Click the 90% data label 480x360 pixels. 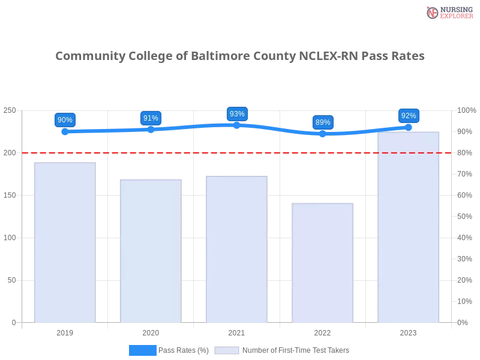pos(65,120)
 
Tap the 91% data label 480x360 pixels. pos(151,118)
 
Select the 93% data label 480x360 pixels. pos(237,114)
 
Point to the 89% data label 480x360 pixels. pos(323,122)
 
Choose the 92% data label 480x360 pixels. pos(409,116)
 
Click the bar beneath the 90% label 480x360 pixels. pos(65,242)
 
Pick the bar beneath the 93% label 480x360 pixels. pos(235,249)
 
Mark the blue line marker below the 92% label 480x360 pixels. pos(409,127)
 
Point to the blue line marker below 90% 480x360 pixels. pos(66,131)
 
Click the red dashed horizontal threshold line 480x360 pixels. pos(198,152)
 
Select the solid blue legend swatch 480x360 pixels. pos(142,350)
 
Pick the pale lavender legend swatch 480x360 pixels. pos(227,350)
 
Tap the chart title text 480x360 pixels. pos(240,56)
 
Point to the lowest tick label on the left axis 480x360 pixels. pos(13,322)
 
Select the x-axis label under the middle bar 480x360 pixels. pos(235,331)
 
